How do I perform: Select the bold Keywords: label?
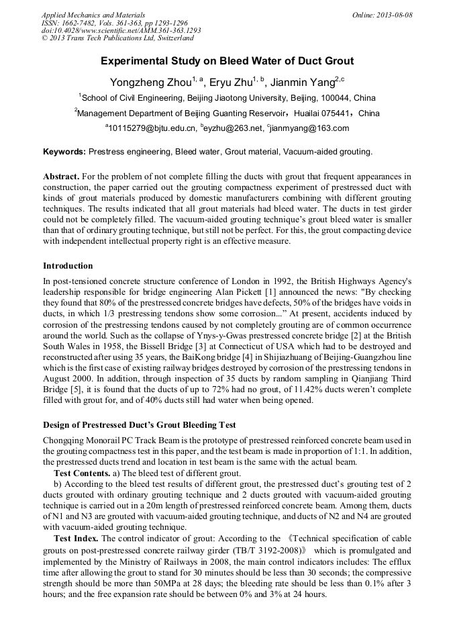pyautogui.click(x=64, y=152)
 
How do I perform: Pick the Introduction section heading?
pyautogui.click(x=68, y=266)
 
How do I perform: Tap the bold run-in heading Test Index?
pyautogui.click(x=76, y=539)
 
